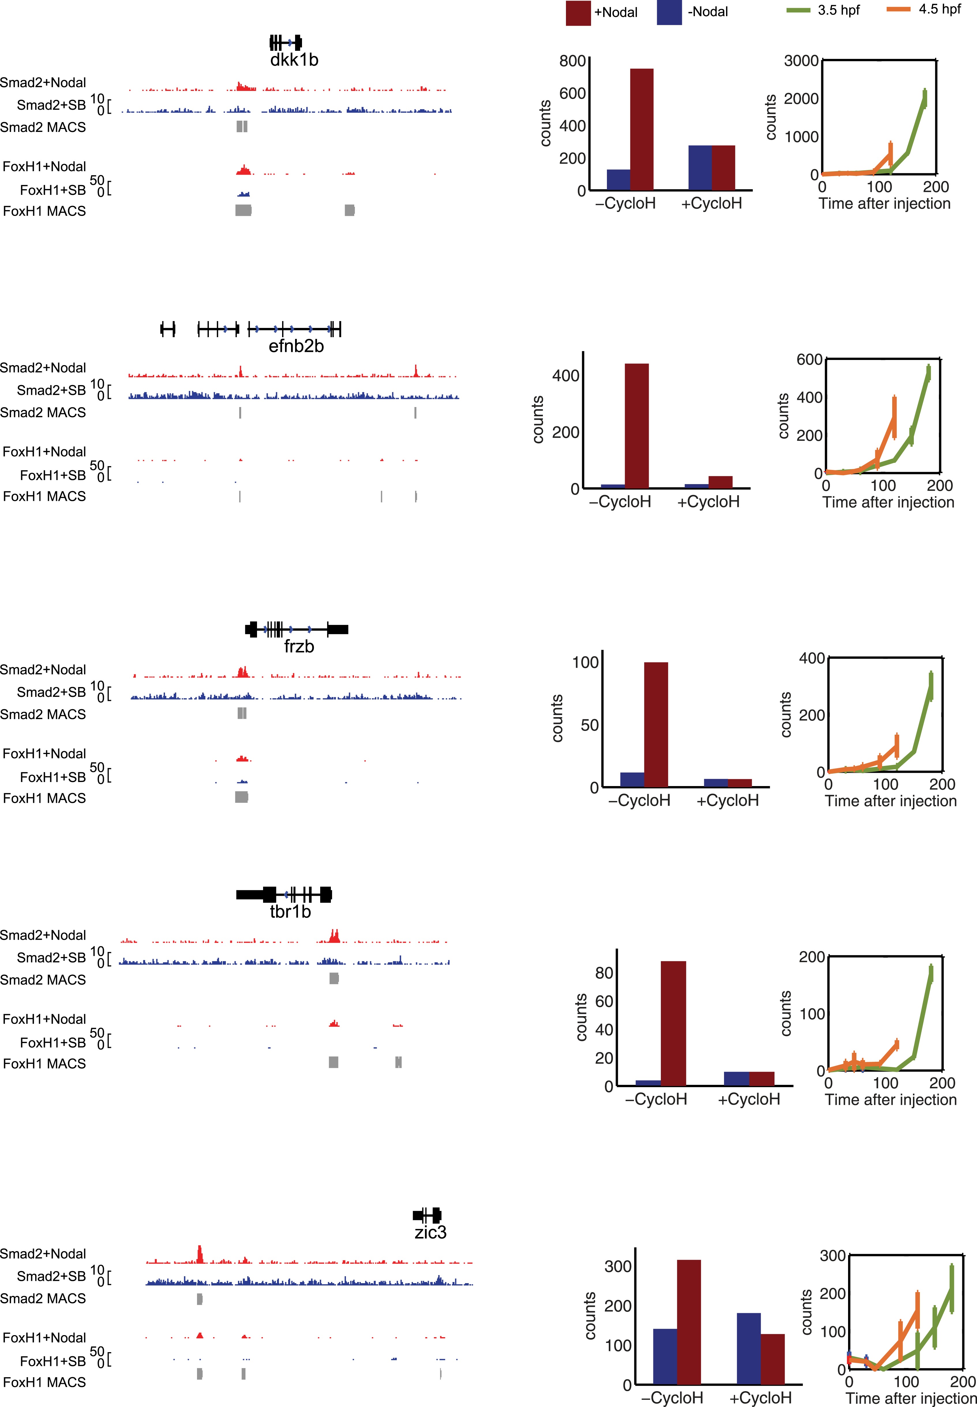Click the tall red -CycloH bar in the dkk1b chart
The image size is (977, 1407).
[642, 129]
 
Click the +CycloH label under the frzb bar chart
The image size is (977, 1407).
[727, 800]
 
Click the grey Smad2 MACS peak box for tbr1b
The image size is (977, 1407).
[334, 978]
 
